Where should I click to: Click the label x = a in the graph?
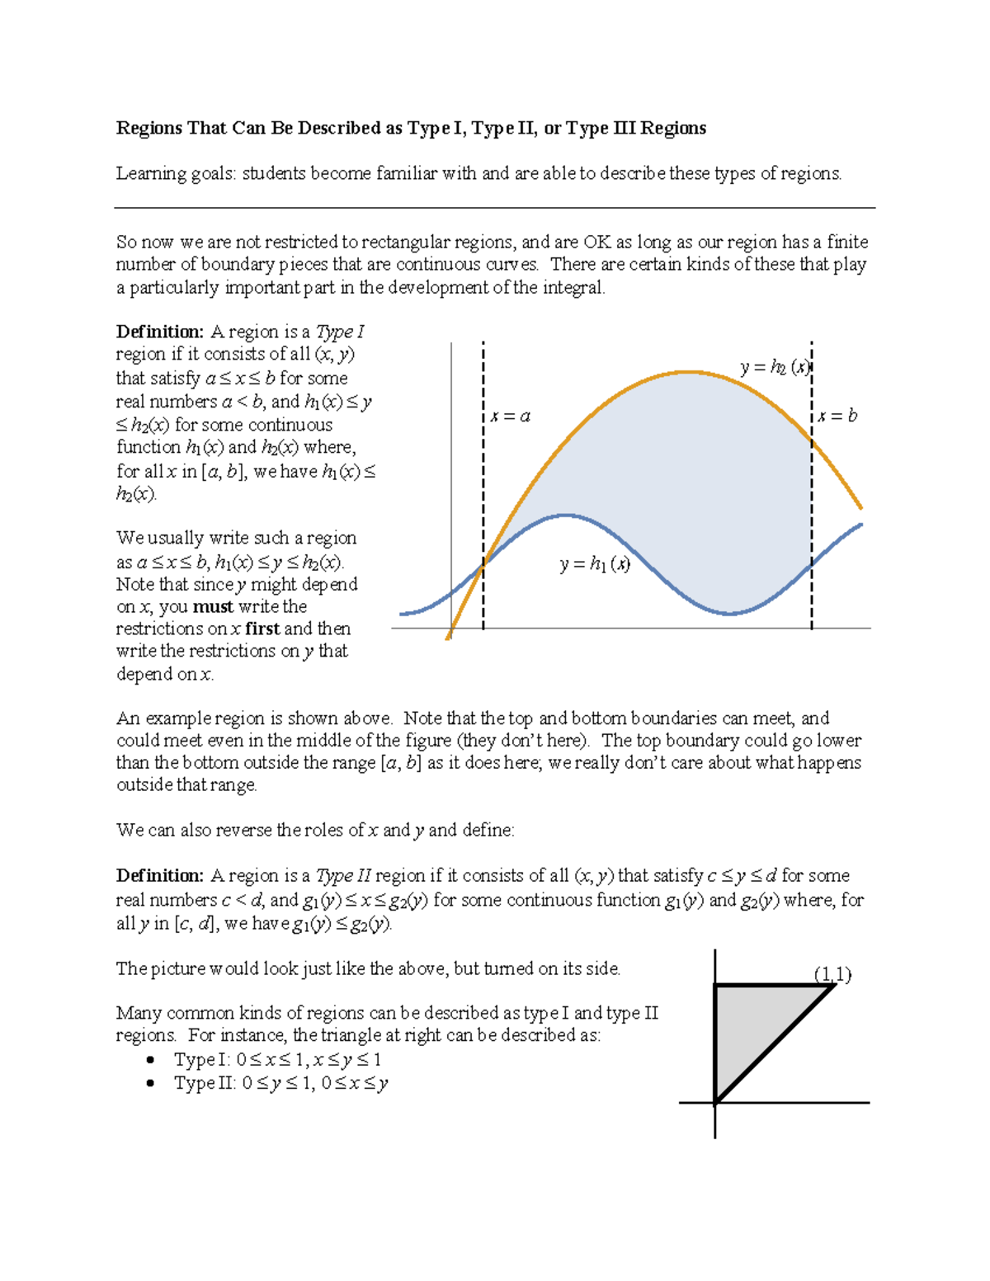(x=510, y=417)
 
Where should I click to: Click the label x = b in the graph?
(x=837, y=416)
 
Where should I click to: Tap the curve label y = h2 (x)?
(x=775, y=368)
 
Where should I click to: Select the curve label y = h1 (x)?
(x=595, y=564)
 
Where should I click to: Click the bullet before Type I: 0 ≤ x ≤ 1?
(x=150, y=1060)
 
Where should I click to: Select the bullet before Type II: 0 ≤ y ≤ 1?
(x=150, y=1083)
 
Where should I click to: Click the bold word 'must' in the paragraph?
(x=213, y=607)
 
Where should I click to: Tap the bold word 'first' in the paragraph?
(x=262, y=629)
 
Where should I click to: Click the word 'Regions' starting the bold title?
(x=148, y=128)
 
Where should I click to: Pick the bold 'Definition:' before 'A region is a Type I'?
(x=159, y=332)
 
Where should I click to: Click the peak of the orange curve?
(x=689, y=372)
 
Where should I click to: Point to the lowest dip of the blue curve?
(x=731, y=614)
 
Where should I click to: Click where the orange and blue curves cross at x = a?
(x=484, y=563)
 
